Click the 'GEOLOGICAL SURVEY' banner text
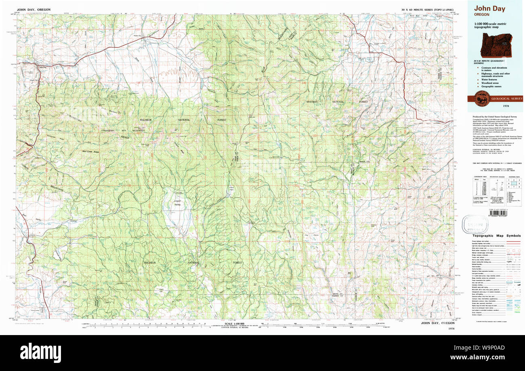[x=506, y=99]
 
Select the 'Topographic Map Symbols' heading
[x=496, y=235]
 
